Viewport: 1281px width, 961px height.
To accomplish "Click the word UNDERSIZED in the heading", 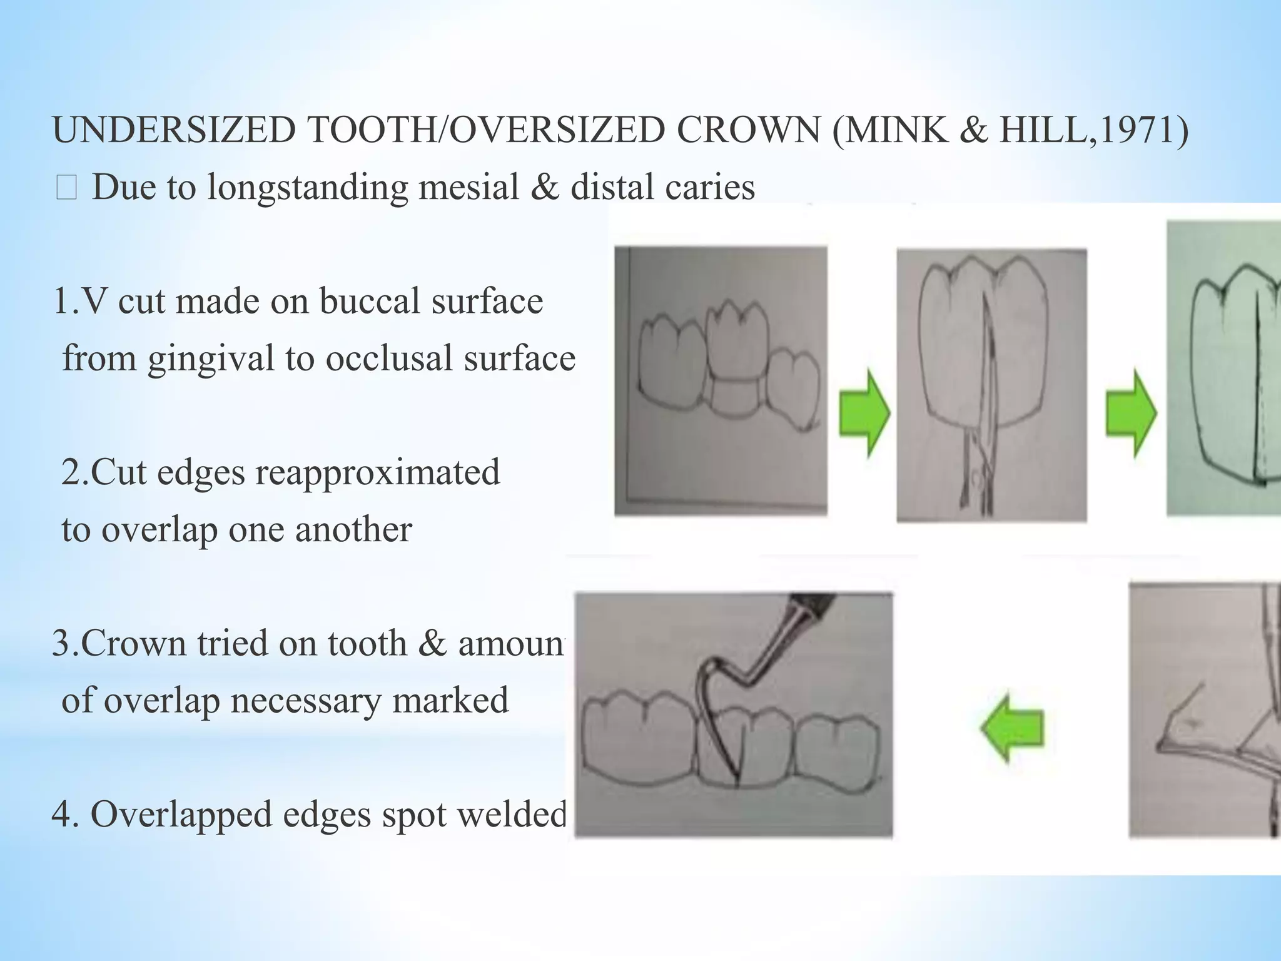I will tap(174, 131).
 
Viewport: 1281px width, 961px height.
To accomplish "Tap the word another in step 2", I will tap(353, 530).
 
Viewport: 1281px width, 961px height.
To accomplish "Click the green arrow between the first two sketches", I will tap(864, 413).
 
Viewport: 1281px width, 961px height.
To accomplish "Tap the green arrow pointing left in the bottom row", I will tap(1012, 727).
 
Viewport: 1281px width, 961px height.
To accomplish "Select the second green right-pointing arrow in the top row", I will tap(1131, 413).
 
